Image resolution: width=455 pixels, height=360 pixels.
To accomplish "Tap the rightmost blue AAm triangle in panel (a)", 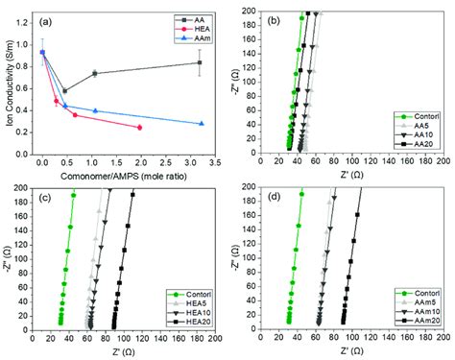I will (201, 124).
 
